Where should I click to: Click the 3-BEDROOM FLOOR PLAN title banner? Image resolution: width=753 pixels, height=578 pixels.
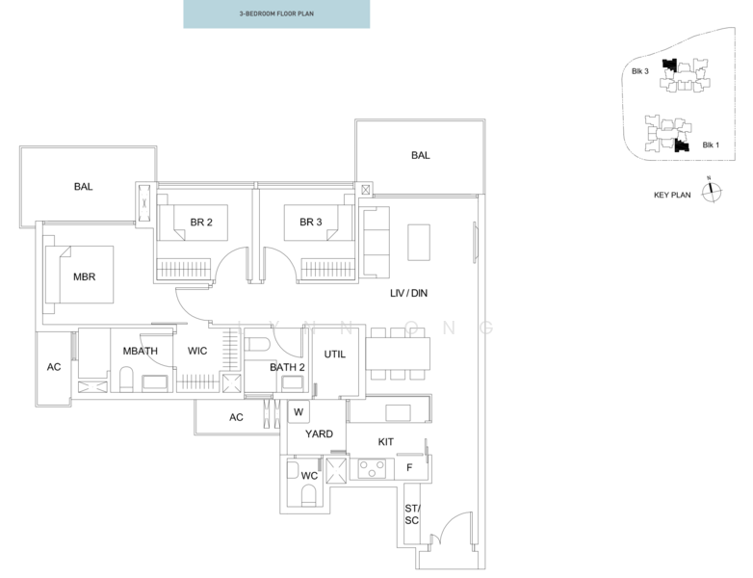(276, 14)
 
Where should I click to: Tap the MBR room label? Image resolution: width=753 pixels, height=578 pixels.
(85, 276)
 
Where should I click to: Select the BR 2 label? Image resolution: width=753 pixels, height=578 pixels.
(201, 223)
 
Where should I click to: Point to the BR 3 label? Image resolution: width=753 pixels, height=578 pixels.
(310, 223)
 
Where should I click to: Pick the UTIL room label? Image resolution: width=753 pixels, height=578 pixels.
(334, 355)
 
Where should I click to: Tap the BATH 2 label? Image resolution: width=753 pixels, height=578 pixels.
(287, 367)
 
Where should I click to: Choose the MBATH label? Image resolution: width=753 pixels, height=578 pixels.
(140, 352)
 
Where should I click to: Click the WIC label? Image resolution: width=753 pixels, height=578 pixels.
(197, 352)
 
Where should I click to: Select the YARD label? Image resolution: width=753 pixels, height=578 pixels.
(319, 434)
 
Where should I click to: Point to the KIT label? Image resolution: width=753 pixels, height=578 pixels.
(386, 440)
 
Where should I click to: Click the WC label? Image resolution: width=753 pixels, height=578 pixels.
(309, 476)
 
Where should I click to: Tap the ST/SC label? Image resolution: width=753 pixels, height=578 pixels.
(412, 514)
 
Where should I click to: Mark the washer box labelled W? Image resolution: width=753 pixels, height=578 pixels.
(299, 411)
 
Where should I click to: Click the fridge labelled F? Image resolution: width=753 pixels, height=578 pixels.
(410, 468)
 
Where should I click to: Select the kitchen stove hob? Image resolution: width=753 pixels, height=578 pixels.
(371, 468)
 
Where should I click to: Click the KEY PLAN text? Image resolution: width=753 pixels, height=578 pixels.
(673, 195)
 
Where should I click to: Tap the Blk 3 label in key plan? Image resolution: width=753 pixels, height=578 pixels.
(640, 71)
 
